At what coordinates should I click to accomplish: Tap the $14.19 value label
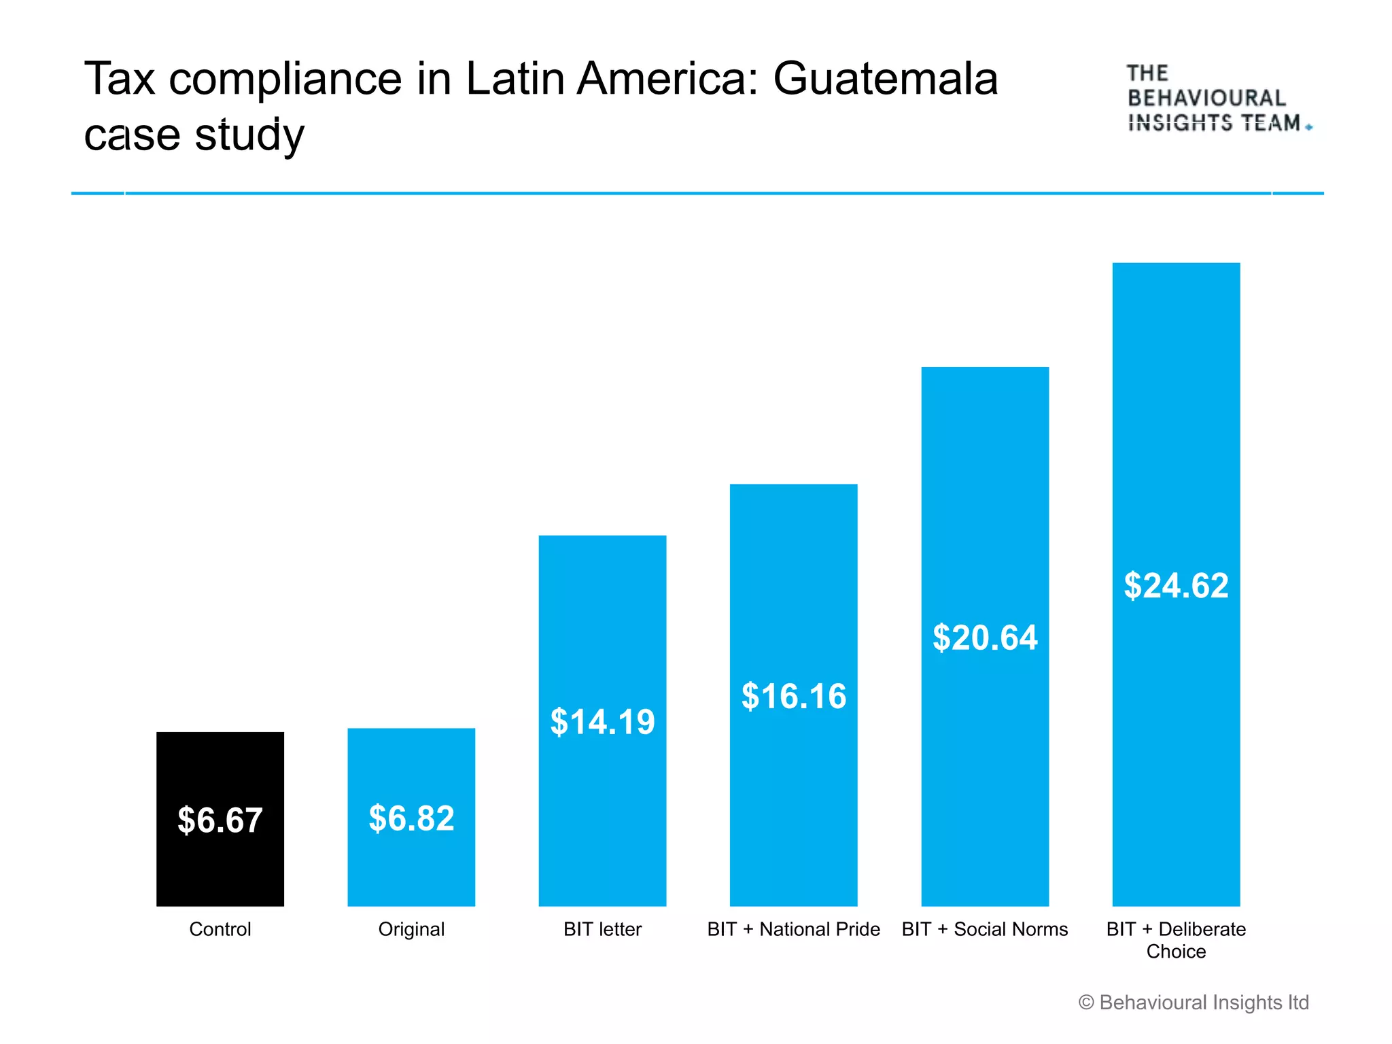pos(602,722)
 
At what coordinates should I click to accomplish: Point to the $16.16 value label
pos(794,697)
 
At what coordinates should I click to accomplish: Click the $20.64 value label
pos(985,638)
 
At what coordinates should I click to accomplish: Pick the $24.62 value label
pos(1176,586)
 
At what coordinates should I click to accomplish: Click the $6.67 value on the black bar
pos(220,820)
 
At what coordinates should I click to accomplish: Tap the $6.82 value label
pos(411,818)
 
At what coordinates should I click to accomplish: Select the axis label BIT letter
pos(602,929)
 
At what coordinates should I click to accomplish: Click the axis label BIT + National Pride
pos(793,929)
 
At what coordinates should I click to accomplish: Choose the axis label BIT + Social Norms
pos(985,929)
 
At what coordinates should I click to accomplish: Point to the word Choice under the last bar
pos(1176,952)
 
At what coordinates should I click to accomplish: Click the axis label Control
pos(220,929)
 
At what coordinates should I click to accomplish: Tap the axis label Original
pos(411,929)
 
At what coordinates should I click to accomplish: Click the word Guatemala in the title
pos(885,79)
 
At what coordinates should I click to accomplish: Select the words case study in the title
pos(194,135)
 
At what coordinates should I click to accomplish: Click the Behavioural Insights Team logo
pos(1217,99)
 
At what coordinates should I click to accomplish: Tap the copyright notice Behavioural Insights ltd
pos(1194,1003)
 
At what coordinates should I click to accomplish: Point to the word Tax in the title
pos(120,79)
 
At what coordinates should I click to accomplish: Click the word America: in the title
pos(667,79)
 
